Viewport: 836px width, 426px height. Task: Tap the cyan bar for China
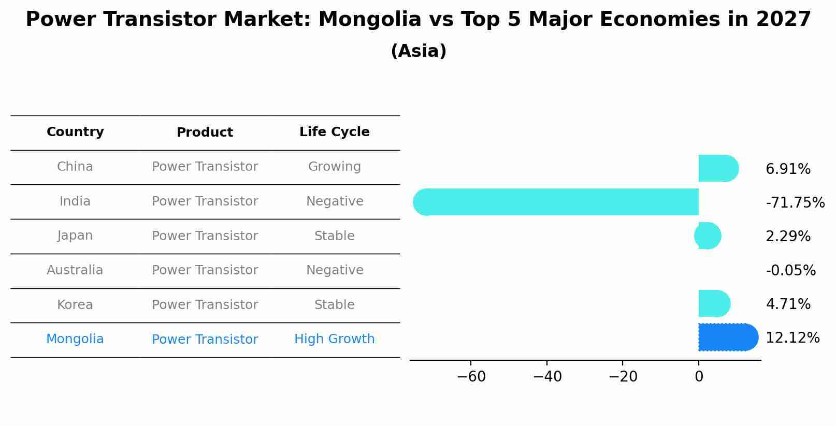pyautogui.click(x=718, y=168)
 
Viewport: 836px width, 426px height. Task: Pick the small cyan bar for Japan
pyautogui.click(x=708, y=236)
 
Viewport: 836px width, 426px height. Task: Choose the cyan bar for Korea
pyautogui.click(x=714, y=303)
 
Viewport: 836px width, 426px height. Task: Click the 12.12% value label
pyautogui.click(x=792, y=338)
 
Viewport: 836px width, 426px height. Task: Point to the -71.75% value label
pyautogui.click(x=795, y=202)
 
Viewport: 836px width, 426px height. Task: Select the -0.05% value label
pyautogui.click(x=790, y=270)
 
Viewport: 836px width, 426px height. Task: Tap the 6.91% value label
pyautogui.click(x=787, y=169)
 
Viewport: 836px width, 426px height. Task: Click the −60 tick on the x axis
pyautogui.click(x=471, y=377)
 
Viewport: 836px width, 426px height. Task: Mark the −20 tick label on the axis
pyautogui.click(x=623, y=377)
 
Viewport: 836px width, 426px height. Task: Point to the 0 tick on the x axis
pyautogui.click(x=699, y=377)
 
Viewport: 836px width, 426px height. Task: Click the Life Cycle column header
pyautogui.click(x=334, y=132)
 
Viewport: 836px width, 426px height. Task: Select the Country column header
pyautogui.click(x=75, y=132)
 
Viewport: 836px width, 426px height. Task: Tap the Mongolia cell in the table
pyautogui.click(x=75, y=339)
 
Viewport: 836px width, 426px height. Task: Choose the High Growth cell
pyautogui.click(x=334, y=339)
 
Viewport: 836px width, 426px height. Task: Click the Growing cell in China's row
pyautogui.click(x=334, y=167)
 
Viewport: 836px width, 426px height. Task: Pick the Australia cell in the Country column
pyautogui.click(x=75, y=270)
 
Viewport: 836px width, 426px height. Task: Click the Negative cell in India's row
pyautogui.click(x=334, y=201)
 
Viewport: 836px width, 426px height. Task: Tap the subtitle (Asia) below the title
pyautogui.click(x=418, y=51)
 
